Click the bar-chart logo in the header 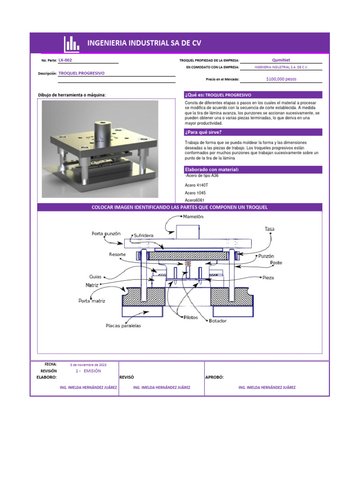pos(71,44)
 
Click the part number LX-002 pos(66,60)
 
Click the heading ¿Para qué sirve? pos(203,132)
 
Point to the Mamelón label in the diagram pos(194,217)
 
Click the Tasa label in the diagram pos(270,229)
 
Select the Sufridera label pos(143,235)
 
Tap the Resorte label pos(117,254)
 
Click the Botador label pos(217,321)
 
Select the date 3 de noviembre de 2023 pos(88,364)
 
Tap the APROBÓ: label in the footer pos(215,377)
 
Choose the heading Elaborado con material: pos(212,169)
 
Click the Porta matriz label pos(92,301)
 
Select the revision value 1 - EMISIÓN pos(88,371)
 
